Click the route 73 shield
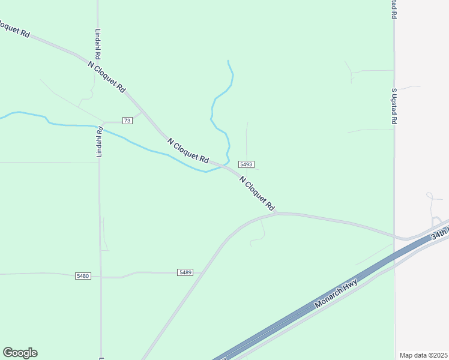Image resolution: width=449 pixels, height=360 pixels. tap(127, 121)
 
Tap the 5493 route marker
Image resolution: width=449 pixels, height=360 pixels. tap(246, 164)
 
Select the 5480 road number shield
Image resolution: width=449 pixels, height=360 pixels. tap(83, 276)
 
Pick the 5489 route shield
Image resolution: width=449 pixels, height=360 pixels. tap(185, 272)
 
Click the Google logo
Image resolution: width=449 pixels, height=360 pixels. tap(20, 353)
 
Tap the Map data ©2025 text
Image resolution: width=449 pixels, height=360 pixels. tap(424, 355)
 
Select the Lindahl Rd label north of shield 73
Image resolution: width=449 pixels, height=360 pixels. tap(97, 45)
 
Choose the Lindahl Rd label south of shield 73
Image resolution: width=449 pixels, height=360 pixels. tap(100, 142)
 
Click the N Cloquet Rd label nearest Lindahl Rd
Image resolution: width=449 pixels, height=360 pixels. tap(107, 76)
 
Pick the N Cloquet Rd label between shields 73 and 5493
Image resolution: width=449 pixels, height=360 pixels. tap(188, 151)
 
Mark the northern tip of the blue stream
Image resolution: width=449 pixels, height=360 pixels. tap(228, 61)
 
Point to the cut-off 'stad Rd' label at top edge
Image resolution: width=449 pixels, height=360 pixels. tap(394, 8)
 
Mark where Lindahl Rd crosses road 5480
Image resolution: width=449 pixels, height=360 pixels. tap(100, 277)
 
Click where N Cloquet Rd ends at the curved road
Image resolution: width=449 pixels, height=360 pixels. tap(277, 213)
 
